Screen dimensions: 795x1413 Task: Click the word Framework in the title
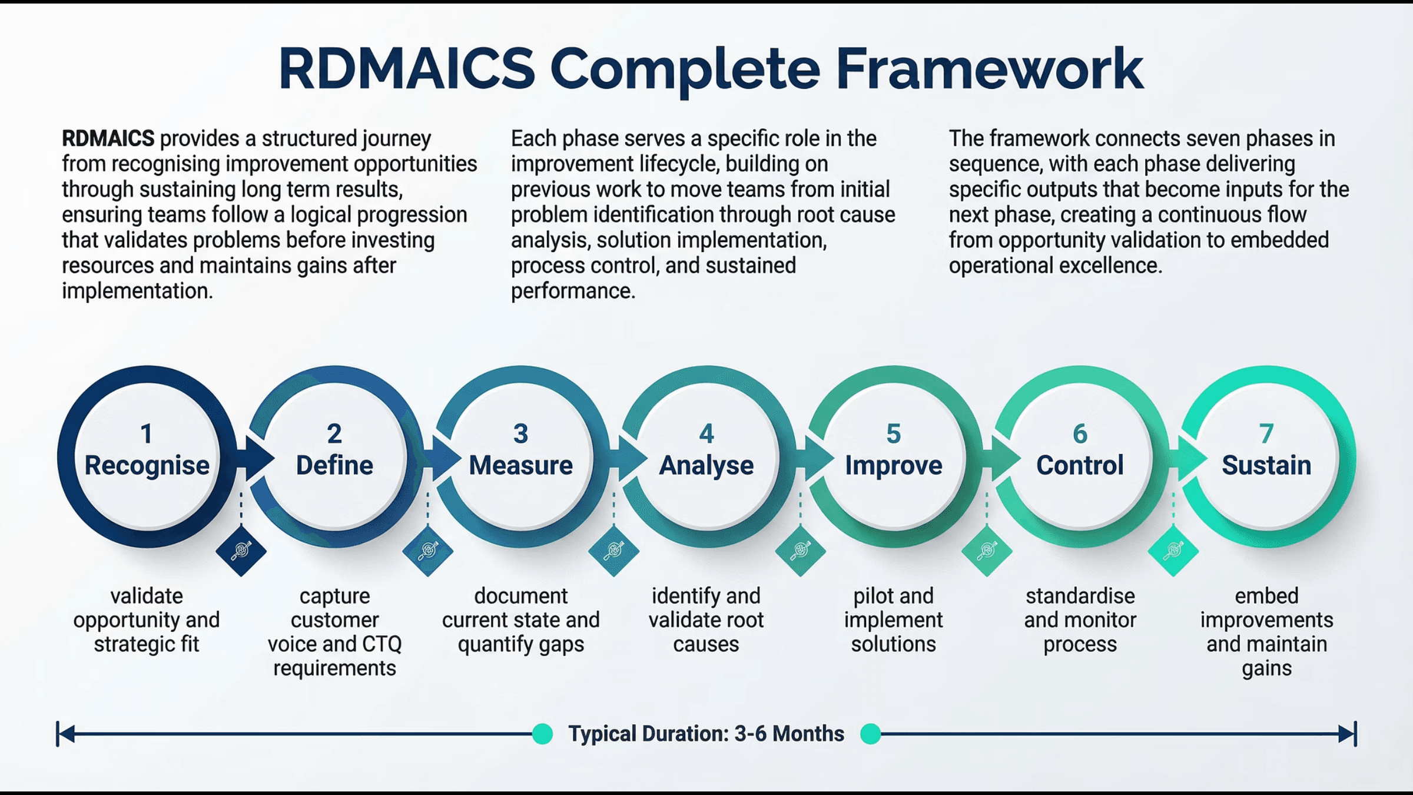pyautogui.click(x=989, y=69)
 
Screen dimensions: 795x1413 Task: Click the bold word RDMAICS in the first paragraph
pyautogui.click(x=108, y=139)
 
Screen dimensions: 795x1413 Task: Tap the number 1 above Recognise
pyautogui.click(x=147, y=434)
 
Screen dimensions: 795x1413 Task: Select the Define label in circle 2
pyautogui.click(x=334, y=465)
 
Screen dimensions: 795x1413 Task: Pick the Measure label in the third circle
pyautogui.click(x=520, y=465)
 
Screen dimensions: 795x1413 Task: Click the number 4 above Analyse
pyautogui.click(x=706, y=434)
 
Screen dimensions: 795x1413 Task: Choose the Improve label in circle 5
pyautogui.click(x=893, y=465)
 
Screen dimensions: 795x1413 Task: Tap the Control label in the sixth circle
pyautogui.click(x=1080, y=465)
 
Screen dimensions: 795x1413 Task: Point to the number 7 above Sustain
pyautogui.click(x=1266, y=434)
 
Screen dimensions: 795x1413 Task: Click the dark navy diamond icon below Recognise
pyautogui.click(x=241, y=551)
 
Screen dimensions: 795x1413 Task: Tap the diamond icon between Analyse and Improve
pyautogui.click(x=800, y=551)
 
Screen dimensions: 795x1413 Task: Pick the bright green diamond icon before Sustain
pyautogui.click(x=1173, y=551)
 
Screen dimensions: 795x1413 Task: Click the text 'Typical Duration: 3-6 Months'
pyautogui.click(x=706, y=734)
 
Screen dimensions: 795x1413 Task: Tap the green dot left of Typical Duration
pyautogui.click(x=542, y=734)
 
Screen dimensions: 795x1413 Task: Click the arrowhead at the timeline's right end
pyautogui.click(x=1347, y=734)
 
